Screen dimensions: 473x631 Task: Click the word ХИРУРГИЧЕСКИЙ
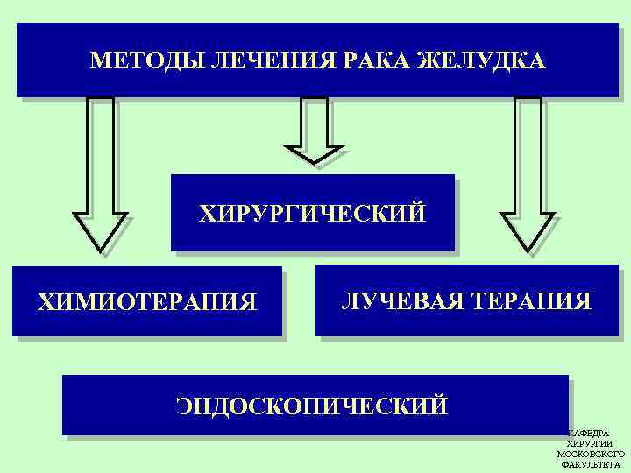[x=313, y=214]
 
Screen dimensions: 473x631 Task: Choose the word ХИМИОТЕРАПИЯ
[x=147, y=302]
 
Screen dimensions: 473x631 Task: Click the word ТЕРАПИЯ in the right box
[x=530, y=301]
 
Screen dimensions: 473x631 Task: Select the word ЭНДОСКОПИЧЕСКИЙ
[x=312, y=406]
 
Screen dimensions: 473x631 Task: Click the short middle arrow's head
[x=315, y=154]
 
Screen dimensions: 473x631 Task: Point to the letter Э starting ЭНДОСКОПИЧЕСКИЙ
[x=183, y=406]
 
